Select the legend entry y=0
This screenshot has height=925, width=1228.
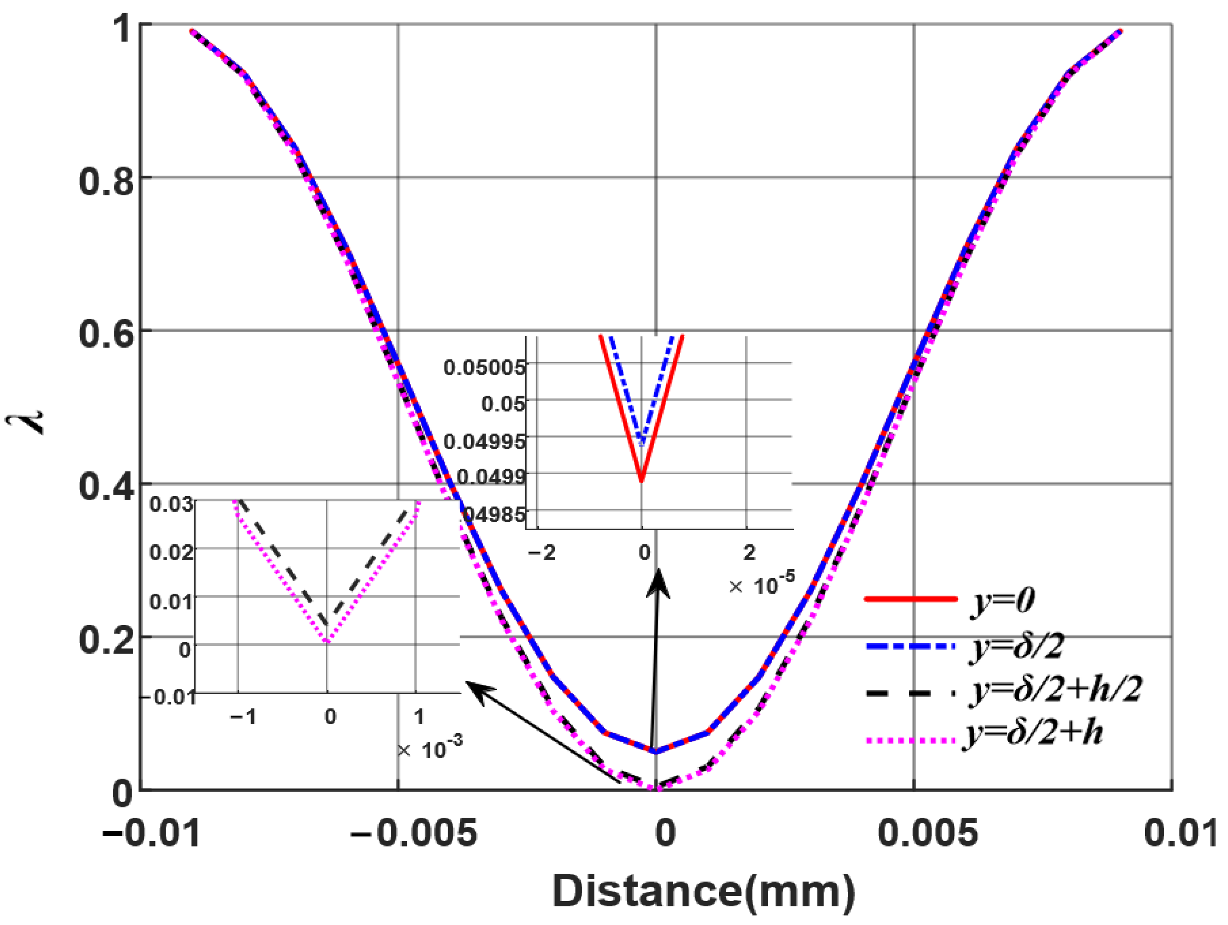(1002, 600)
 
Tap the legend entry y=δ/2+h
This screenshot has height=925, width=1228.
(1034, 733)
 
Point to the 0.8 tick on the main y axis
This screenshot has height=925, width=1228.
(107, 181)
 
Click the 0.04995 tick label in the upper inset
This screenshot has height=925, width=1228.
(484, 441)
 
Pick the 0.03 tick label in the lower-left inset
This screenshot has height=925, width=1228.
(171, 504)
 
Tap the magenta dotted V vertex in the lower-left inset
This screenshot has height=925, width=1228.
(327, 642)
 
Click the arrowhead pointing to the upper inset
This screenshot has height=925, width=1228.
(658, 580)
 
